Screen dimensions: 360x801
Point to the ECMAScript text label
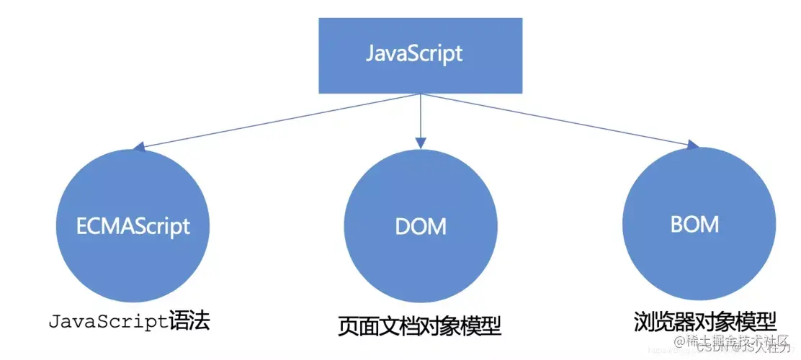133,226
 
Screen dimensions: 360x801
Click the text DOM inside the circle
421,226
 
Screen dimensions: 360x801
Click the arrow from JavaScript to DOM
421,115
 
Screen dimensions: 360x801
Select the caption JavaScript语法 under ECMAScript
130,320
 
